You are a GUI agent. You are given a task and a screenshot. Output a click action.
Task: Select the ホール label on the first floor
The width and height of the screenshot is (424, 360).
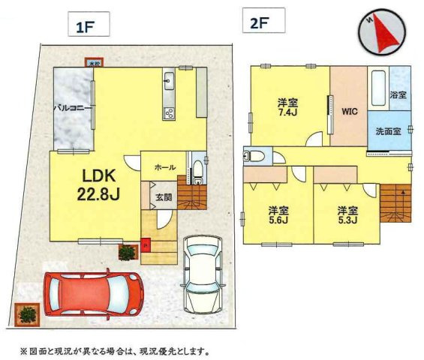(165, 167)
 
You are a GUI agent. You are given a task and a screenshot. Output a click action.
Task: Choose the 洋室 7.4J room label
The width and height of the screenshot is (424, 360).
(288, 107)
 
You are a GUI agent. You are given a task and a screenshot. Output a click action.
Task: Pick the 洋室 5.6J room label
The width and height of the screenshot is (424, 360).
(278, 214)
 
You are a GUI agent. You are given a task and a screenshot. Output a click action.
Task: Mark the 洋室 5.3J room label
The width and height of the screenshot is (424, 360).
(345, 214)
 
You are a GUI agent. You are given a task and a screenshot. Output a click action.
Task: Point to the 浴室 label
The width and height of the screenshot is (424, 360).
(398, 96)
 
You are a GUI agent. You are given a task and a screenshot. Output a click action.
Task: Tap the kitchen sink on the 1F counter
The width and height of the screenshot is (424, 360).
(168, 80)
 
